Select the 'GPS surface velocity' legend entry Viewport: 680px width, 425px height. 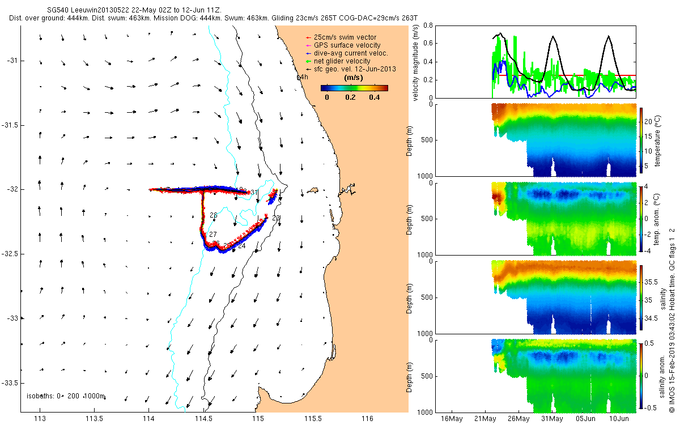[347, 45]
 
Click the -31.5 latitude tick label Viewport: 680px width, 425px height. [10, 125]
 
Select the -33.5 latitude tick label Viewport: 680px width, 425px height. [10, 382]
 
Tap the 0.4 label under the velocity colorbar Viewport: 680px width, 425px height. [373, 97]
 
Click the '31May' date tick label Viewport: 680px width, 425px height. [552, 419]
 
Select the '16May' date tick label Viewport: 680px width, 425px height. [452, 419]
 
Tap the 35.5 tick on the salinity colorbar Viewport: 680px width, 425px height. [652, 282]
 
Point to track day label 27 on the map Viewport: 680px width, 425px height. [213, 235]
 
